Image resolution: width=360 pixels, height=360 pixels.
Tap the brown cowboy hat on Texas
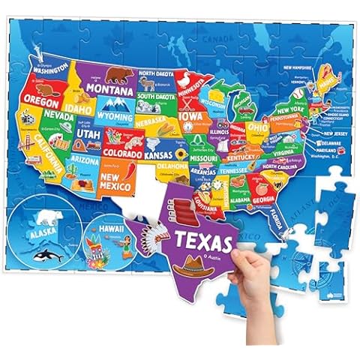pyautogui.click(x=199, y=263)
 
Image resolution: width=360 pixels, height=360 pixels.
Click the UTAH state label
pyautogui.click(x=88, y=133)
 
